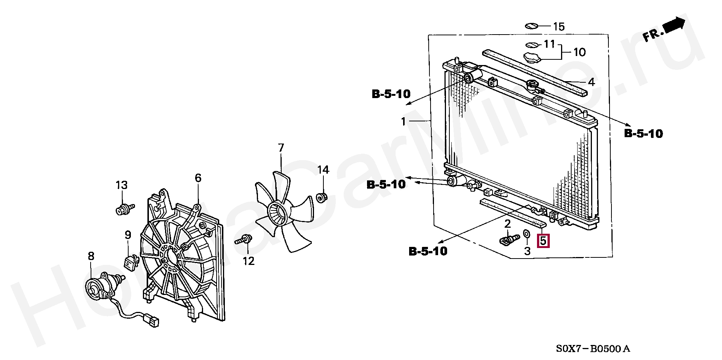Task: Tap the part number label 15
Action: point(558,27)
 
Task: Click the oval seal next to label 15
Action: point(531,26)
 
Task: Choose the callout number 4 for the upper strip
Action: point(591,82)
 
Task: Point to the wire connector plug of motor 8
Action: point(153,322)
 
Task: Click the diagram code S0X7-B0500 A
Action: point(593,349)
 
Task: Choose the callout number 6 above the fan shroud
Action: point(198,178)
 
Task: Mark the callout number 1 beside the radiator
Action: point(403,121)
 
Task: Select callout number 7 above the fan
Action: point(281,148)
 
